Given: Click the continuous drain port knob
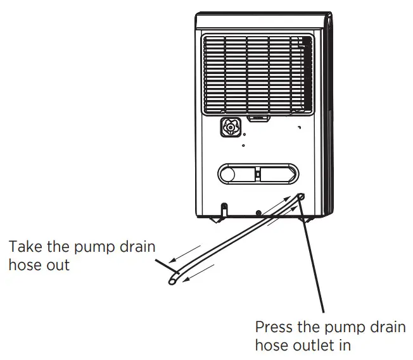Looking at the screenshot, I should tap(230, 128).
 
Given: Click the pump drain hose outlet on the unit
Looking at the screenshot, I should tap(300, 197).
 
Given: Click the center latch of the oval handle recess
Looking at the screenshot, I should tap(258, 173).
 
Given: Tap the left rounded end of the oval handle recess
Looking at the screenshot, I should tap(224, 173).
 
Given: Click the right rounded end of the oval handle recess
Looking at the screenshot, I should tap(291, 173).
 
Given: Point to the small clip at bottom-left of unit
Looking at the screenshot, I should tap(224, 207).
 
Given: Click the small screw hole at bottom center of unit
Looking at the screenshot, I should tap(258, 213).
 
